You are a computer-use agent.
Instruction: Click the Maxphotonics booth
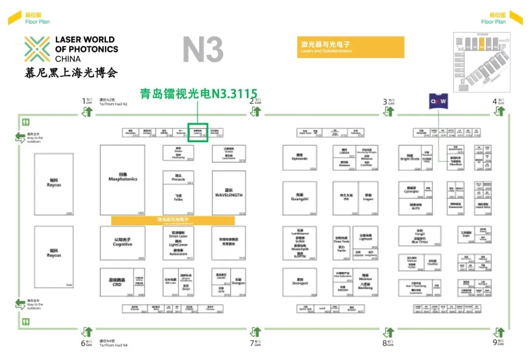tap(122, 179)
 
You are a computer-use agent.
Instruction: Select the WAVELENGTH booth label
tap(229, 193)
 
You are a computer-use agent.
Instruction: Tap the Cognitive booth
tap(122, 242)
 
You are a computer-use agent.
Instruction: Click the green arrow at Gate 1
tap(87, 111)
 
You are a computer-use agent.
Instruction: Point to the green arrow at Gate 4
tap(500, 111)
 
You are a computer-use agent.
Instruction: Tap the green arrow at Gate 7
tap(255, 332)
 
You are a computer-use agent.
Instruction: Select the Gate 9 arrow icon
tap(500, 332)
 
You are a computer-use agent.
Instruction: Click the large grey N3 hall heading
tap(203, 50)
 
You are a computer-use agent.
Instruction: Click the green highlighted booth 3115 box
tap(198, 132)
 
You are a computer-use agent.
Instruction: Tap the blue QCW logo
tap(439, 102)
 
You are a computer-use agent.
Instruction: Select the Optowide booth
tap(299, 158)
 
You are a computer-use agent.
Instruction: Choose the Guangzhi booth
tap(299, 198)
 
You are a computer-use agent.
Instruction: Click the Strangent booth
tap(299, 282)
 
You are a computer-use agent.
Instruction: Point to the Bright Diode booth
tap(410, 158)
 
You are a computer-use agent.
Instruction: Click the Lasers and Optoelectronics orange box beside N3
tap(351, 47)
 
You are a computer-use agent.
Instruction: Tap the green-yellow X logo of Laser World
tap(37, 49)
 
